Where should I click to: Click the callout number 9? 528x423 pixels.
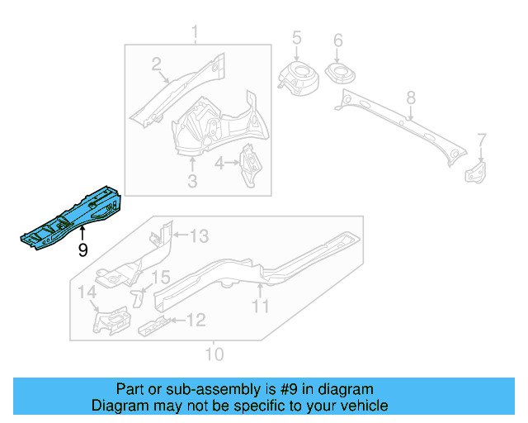82,250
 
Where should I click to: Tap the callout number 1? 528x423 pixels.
196,33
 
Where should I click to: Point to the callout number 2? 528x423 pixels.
156,64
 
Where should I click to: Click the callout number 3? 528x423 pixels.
192,180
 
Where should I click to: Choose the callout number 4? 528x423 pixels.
219,164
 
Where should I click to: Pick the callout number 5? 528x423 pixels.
297,37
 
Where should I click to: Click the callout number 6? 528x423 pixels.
337,40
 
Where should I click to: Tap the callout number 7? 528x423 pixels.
482,140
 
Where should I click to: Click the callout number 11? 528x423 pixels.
261,307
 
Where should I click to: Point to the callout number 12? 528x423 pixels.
196,320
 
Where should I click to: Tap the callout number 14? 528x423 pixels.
87,292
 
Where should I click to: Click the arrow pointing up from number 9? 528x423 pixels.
82,235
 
